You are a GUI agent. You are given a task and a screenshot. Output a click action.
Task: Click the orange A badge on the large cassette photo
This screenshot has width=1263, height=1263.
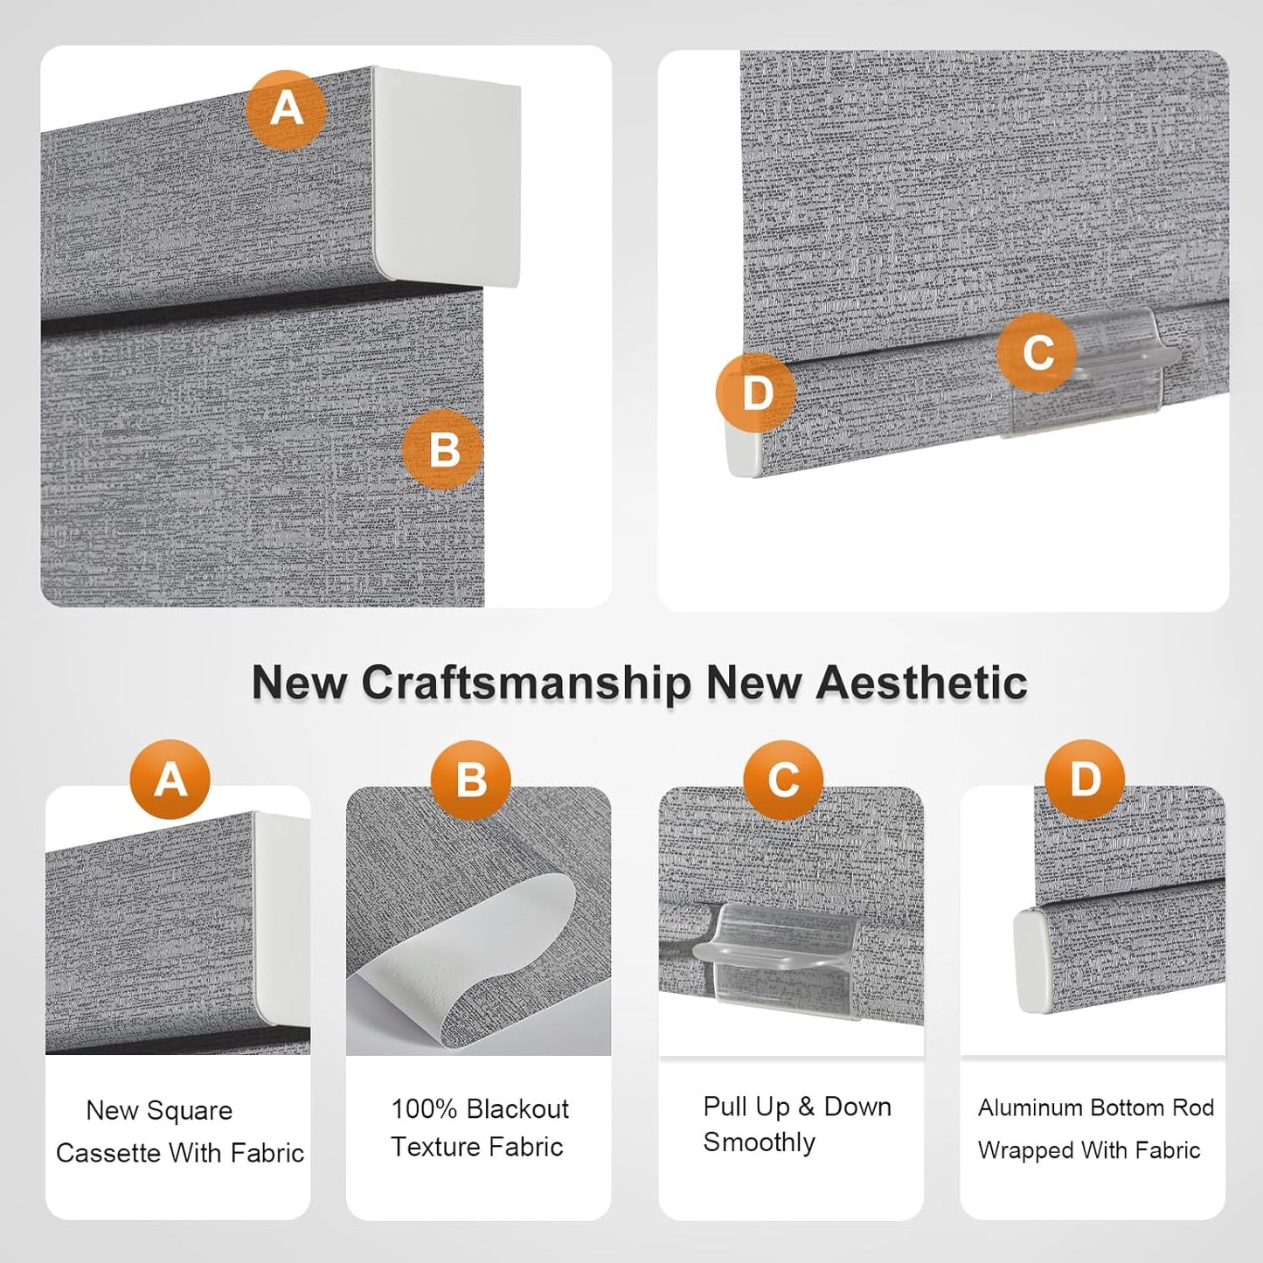coord(286,109)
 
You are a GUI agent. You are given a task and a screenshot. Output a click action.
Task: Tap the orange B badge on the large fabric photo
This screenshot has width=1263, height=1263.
coord(443,449)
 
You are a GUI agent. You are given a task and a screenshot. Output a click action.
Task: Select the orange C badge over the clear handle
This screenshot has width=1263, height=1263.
coord(1037,352)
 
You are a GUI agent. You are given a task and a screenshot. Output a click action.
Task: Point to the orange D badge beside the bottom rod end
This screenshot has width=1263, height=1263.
coord(756,393)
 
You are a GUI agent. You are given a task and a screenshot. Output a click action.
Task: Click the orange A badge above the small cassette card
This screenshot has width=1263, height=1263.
coord(170,780)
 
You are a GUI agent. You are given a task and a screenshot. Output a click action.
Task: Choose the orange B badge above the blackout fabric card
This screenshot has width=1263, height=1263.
coord(470,780)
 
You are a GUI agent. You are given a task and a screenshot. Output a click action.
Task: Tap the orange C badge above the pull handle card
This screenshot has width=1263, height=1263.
coord(783,780)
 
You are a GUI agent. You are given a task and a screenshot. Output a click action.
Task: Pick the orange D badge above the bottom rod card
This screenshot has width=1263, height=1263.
coord(1085,780)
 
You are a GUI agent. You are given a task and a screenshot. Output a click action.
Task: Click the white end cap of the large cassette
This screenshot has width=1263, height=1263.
coord(447,177)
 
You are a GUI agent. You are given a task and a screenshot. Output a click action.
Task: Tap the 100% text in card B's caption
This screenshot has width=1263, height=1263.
coord(423,1109)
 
